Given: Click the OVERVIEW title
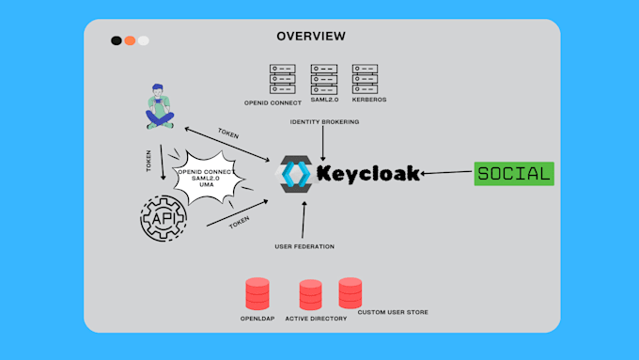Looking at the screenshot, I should pos(310,36).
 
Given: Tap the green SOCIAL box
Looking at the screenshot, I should pos(513,173).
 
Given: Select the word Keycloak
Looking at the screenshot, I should pos(367,174).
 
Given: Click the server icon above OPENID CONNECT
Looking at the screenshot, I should pos(282,76).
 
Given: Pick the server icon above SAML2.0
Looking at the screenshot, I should pos(324,76).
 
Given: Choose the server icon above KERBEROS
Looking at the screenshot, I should pos(365,76).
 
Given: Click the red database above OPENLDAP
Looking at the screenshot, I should pos(257,294).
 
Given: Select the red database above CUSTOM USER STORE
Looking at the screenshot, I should pos(351,292).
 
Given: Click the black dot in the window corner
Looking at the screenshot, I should pos(116,40).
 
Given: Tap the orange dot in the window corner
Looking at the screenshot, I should pos(130,40).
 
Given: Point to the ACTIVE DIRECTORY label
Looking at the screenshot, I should pos(316,319).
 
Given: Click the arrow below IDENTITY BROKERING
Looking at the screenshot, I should pos(322,144).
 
